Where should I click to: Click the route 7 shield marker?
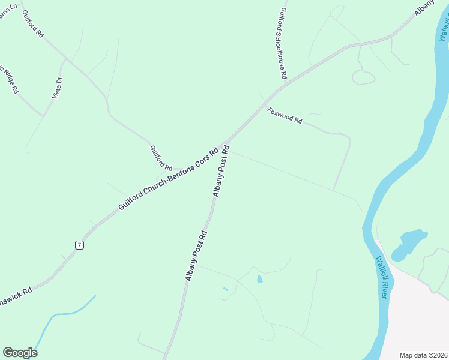79,245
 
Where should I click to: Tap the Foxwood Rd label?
285,115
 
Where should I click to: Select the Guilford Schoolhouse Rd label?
283,44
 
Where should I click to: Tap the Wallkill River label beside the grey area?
384,278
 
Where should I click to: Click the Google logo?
20,353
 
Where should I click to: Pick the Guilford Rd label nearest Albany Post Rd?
161,158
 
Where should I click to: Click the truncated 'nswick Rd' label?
16,289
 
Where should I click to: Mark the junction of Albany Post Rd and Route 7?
226,143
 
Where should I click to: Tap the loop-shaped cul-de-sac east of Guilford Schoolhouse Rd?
363,77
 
